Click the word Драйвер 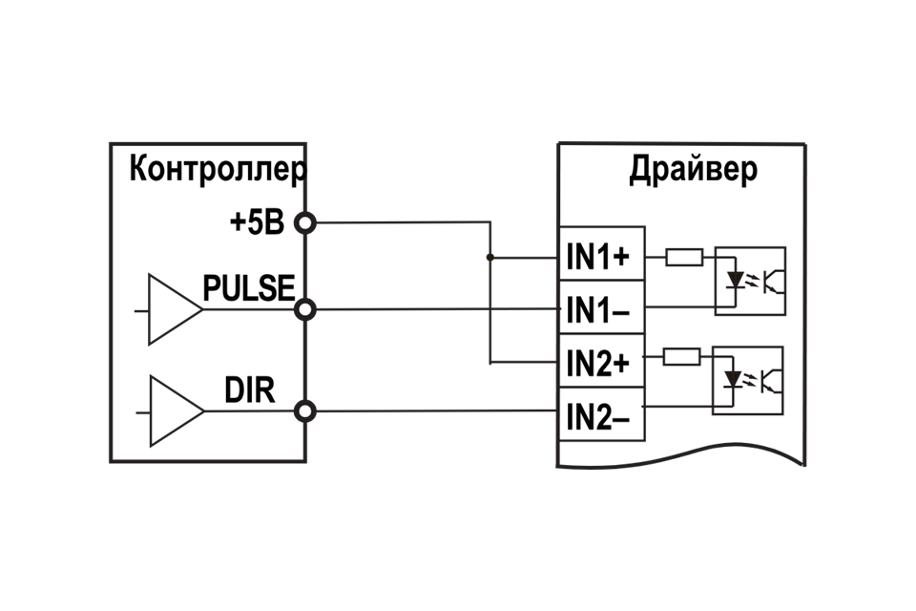(694, 170)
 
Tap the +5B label (257, 222)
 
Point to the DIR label (250, 390)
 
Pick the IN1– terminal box (601, 308)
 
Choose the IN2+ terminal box (601, 362)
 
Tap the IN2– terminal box (601, 415)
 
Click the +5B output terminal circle (305, 223)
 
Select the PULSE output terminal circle (305, 309)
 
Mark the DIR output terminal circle (305, 411)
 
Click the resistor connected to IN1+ (683, 256)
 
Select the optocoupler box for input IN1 (750, 281)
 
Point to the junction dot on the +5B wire (490, 257)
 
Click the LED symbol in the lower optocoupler (733, 380)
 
